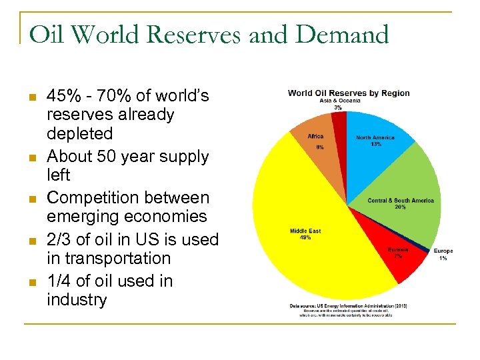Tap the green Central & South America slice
pos(407,193)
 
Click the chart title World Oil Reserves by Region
pos(349,93)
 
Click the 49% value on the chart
pos(305,238)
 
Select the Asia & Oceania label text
pos(340,100)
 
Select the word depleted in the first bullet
pos(79,133)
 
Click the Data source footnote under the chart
pos(348,306)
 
